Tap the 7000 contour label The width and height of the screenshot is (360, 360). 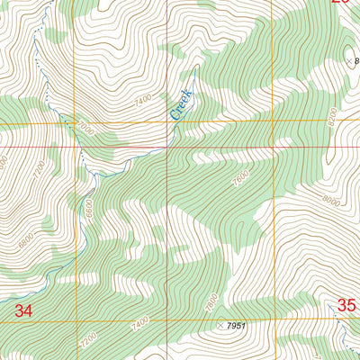(85, 129)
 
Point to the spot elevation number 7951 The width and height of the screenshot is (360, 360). (236, 325)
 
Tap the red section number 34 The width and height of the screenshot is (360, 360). (25, 310)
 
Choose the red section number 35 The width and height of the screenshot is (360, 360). (346, 306)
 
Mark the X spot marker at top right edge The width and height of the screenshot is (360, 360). (350, 61)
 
